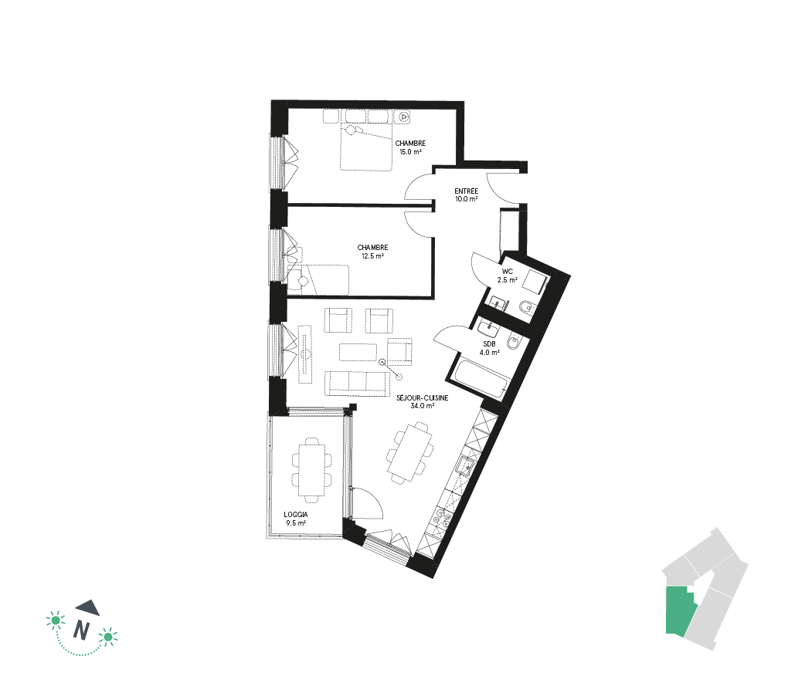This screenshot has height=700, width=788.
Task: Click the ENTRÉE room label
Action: click(466, 191)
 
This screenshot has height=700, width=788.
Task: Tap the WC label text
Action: click(507, 272)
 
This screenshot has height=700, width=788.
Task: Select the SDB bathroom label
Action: click(489, 344)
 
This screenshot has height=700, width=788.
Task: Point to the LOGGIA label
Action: click(295, 515)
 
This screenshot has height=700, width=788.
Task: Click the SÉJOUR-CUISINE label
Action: click(422, 397)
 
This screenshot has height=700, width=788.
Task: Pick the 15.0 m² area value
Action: click(410, 151)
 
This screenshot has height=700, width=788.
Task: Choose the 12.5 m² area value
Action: click(373, 256)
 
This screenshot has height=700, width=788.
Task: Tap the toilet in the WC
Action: click(525, 307)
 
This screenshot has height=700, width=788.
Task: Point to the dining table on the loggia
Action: click(311, 470)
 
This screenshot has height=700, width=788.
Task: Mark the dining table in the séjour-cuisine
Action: click(410, 453)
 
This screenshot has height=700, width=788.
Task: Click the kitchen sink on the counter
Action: click(466, 466)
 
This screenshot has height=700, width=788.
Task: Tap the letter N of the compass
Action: click(82, 630)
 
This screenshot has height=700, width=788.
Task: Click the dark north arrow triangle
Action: click(88, 607)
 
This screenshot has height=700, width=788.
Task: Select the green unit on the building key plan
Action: click(681, 611)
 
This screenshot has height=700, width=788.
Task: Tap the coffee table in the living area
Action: click(358, 352)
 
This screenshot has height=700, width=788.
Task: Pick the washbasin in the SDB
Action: click(488, 330)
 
